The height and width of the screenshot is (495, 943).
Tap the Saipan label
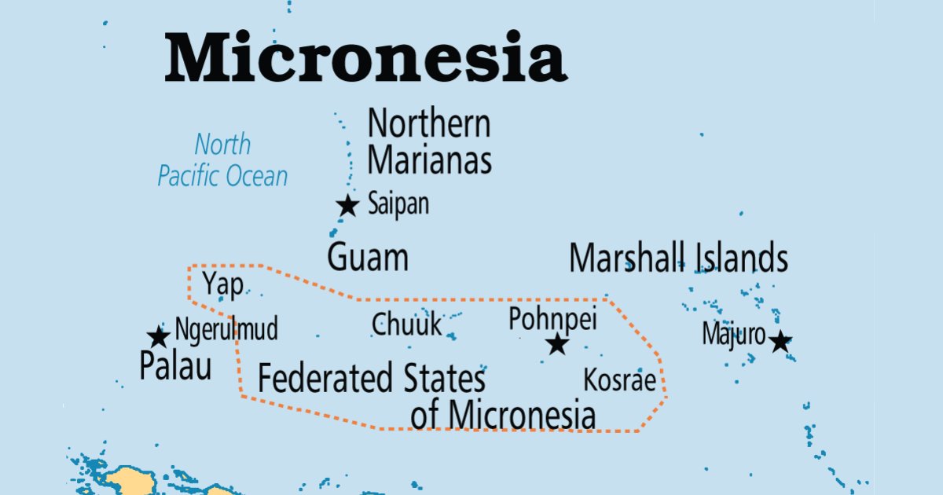coord(398,205)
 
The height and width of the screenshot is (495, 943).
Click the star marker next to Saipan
coord(347,206)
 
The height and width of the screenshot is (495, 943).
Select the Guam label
coord(368,258)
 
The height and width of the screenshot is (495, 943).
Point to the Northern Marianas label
coord(430,142)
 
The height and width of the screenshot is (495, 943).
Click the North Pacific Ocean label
coord(223,160)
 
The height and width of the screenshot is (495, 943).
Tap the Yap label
coord(222,283)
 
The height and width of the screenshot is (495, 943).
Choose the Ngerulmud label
coord(226,329)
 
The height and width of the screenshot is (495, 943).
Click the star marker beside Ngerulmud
coord(159,337)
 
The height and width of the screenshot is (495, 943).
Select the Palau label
coord(175,366)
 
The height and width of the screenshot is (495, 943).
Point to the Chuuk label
coord(407,324)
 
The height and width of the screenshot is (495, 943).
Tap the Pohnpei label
coord(552,319)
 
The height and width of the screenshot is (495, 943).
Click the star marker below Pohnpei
coord(557,343)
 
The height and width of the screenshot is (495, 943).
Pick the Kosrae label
coord(619,381)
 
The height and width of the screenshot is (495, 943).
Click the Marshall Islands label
coord(678,258)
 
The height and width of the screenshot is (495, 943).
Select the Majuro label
coord(733,335)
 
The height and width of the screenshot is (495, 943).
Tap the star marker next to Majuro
coord(780,342)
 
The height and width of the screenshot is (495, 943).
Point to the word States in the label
coord(445,379)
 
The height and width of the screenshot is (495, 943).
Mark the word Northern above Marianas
coord(430,124)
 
